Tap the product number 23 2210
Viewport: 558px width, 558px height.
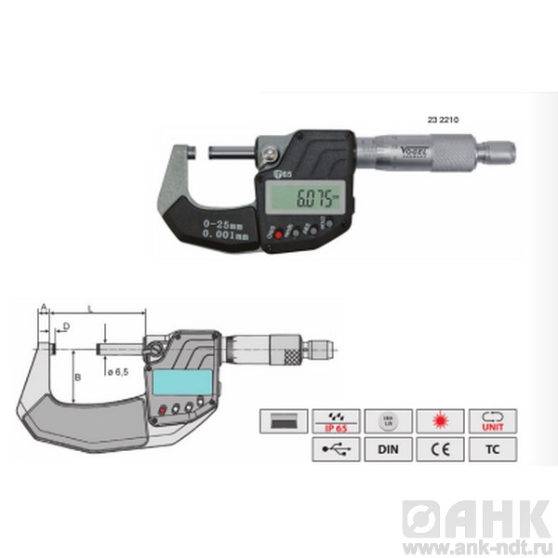442,120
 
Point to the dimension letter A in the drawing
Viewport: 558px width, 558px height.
42,307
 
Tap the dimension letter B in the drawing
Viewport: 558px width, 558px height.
78,377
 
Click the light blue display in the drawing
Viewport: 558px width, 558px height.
174,381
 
